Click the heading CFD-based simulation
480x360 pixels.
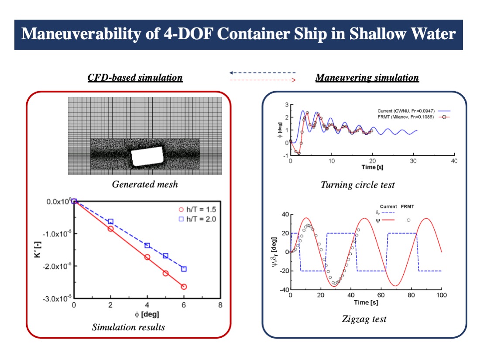click(x=135, y=78)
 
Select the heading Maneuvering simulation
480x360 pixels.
click(x=367, y=78)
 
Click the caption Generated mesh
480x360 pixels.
click(x=145, y=184)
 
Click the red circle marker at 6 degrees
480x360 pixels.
click(x=184, y=287)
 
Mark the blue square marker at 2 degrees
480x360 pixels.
click(x=111, y=222)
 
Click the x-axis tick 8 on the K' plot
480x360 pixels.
click(x=220, y=305)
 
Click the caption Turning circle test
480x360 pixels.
click(x=357, y=185)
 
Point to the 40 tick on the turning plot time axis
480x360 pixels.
click(x=454, y=161)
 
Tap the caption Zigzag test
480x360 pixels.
click(x=364, y=319)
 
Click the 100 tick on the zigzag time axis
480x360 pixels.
click(x=441, y=295)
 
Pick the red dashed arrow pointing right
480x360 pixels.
click(x=263, y=80)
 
